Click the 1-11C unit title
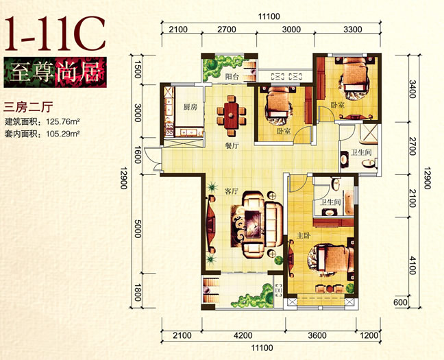(x=55, y=33)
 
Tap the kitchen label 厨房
(x=190, y=108)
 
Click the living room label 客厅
(x=232, y=191)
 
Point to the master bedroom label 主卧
(x=304, y=235)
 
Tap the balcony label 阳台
(x=232, y=77)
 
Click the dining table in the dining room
(x=232, y=116)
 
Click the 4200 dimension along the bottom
(x=243, y=335)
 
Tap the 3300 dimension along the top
(x=352, y=29)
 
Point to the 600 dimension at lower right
(x=400, y=302)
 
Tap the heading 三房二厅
(x=28, y=108)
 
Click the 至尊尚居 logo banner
(x=56, y=72)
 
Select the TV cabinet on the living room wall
(x=211, y=224)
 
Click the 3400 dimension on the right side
(x=412, y=89)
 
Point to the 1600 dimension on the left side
(x=137, y=155)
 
